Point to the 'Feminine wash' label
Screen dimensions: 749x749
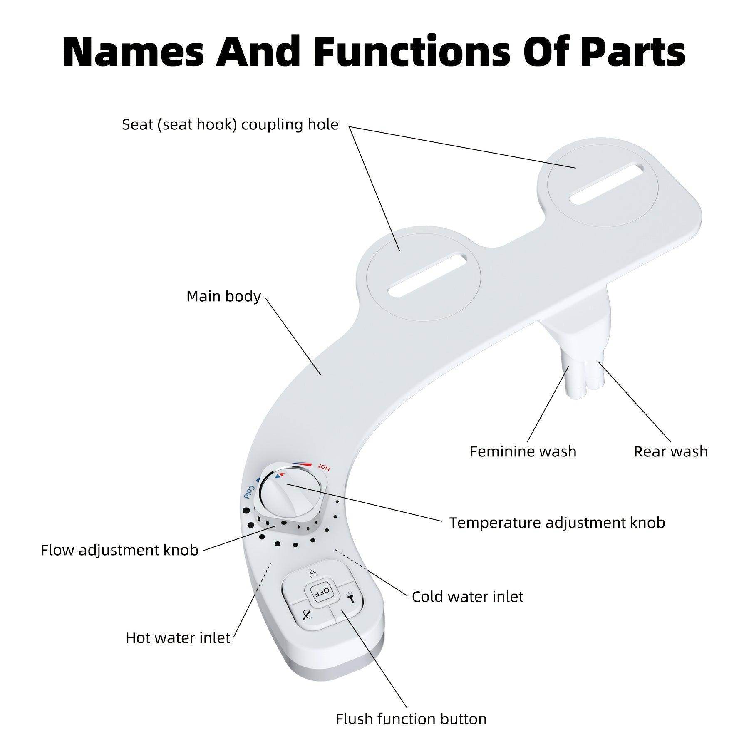(523, 451)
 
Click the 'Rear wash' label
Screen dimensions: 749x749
(670, 451)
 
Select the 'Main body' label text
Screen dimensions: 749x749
(223, 296)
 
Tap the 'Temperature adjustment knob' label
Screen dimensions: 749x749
(557, 523)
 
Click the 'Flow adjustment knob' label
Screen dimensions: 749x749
(119, 550)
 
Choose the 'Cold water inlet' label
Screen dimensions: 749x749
(467, 597)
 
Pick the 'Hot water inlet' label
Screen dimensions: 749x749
(178, 638)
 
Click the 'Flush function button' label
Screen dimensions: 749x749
(411, 719)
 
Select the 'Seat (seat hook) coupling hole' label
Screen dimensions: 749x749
(230, 124)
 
